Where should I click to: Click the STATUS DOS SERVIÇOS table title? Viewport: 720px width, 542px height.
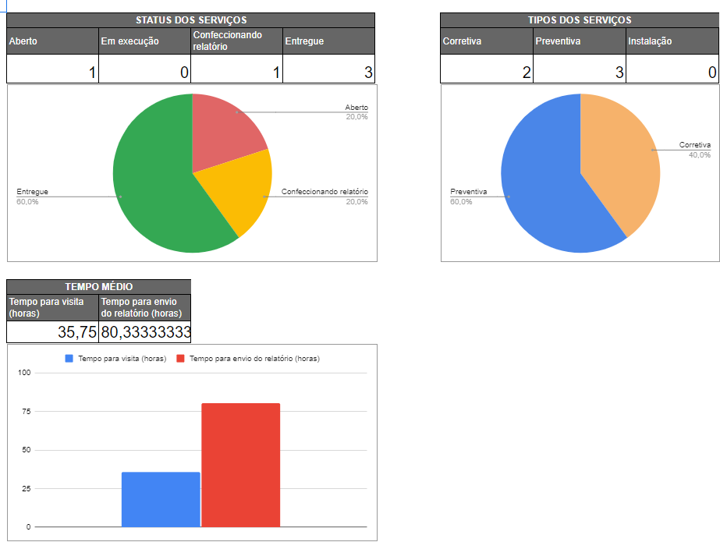pyautogui.click(x=191, y=20)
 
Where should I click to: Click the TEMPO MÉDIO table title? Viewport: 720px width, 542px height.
pyautogui.click(x=98, y=287)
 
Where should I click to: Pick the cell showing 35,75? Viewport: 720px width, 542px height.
pyautogui.click(x=53, y=332)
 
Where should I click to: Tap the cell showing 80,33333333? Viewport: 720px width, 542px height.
pyautogui.click(x=145, y=332)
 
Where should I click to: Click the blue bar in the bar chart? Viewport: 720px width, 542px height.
pyautogui.click(x=161, y=499)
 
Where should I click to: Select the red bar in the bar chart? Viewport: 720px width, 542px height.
pyautogui.click(x=240, y=465)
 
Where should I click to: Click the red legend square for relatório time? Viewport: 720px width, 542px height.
pyautogui.click(x=181, y=359)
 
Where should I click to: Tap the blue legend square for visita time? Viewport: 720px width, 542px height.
pyautogui.click(x=69, y=359)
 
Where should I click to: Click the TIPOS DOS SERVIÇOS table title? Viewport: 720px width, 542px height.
pyautogui.click(x=580, y=20)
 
